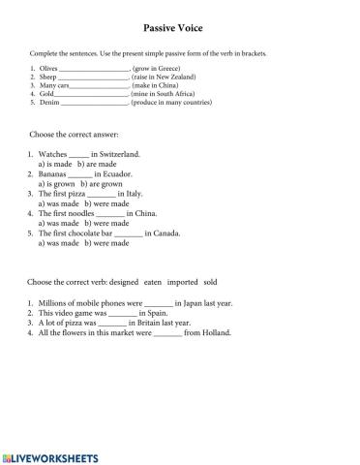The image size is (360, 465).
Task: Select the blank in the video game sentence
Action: click(x=122, y=314)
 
